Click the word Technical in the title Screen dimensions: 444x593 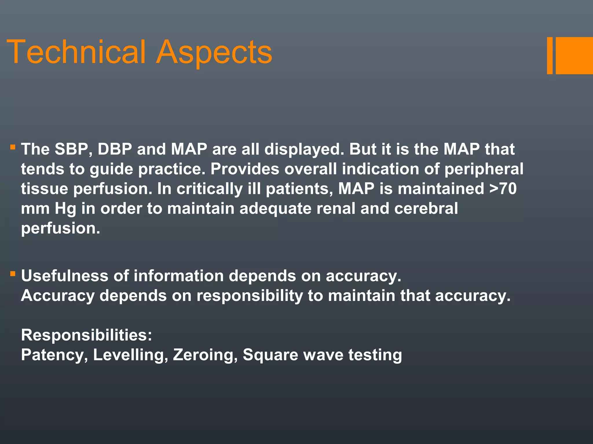(x=76, y=52)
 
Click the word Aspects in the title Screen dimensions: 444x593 (x=214, y=53)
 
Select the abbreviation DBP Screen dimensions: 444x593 (x=115, y=149)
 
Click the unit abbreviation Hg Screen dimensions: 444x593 (x=65, y=209)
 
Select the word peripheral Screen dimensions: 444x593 (x=484, y=169)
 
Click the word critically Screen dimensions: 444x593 (x=210, y=189)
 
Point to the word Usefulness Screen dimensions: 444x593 (x=65, y=275)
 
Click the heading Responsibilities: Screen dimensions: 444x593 (x=87, y=335)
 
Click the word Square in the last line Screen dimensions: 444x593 (x=270, y=355)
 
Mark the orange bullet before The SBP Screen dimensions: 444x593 (x=12, y=147)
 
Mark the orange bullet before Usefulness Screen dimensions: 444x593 (x=12, y=273)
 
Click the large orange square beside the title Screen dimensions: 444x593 (x=574, y=55)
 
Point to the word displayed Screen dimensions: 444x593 (x=304, y=149)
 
